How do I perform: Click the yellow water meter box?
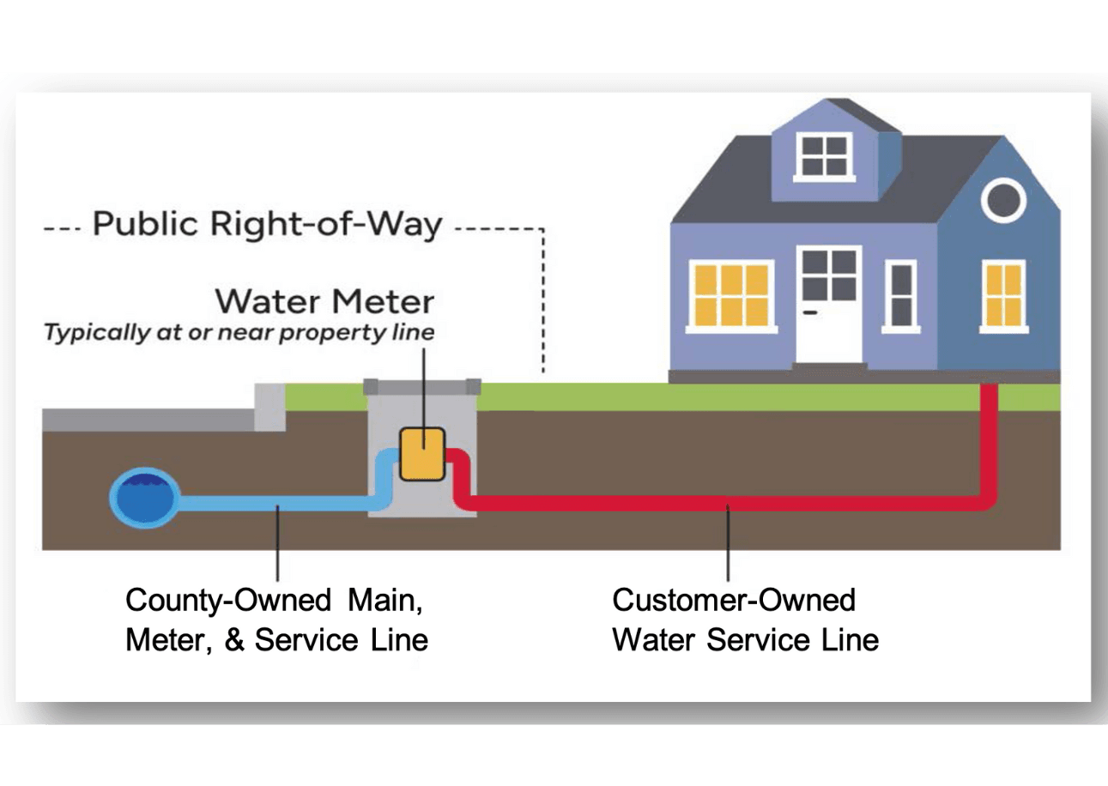(422, 454)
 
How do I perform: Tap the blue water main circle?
(144, 498)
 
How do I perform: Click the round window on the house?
(1003, 200)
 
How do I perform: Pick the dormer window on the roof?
(823, 155)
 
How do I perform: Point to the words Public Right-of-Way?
(267, 225)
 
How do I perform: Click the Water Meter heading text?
(324, 302)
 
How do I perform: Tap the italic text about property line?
(239, 333)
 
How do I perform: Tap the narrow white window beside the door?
(900, 295)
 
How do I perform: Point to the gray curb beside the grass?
(269, 407)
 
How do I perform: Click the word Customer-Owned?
(734, 600)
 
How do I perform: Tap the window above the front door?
(828, 274)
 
